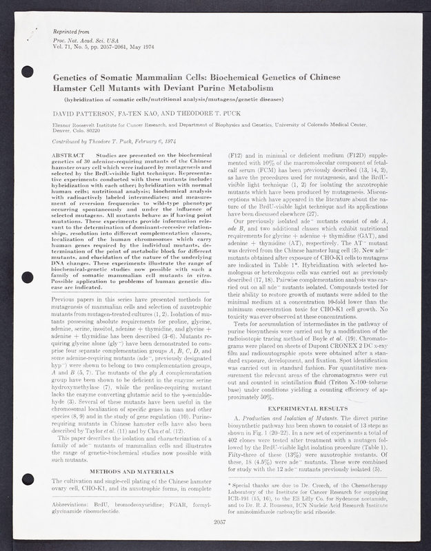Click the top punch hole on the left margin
(28, 71)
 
